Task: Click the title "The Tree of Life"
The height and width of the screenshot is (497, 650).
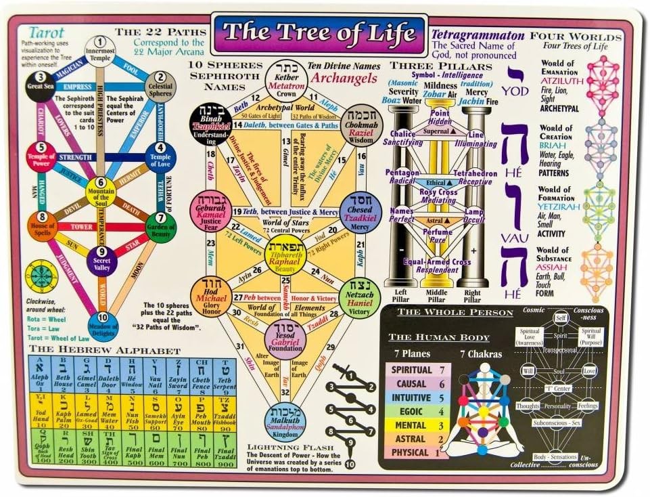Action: coord(319,33)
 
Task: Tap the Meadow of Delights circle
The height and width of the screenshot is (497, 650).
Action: coord(101,326)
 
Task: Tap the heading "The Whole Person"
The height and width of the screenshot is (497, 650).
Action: coord(455,312)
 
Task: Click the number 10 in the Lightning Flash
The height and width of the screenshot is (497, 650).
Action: coord(350,464)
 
